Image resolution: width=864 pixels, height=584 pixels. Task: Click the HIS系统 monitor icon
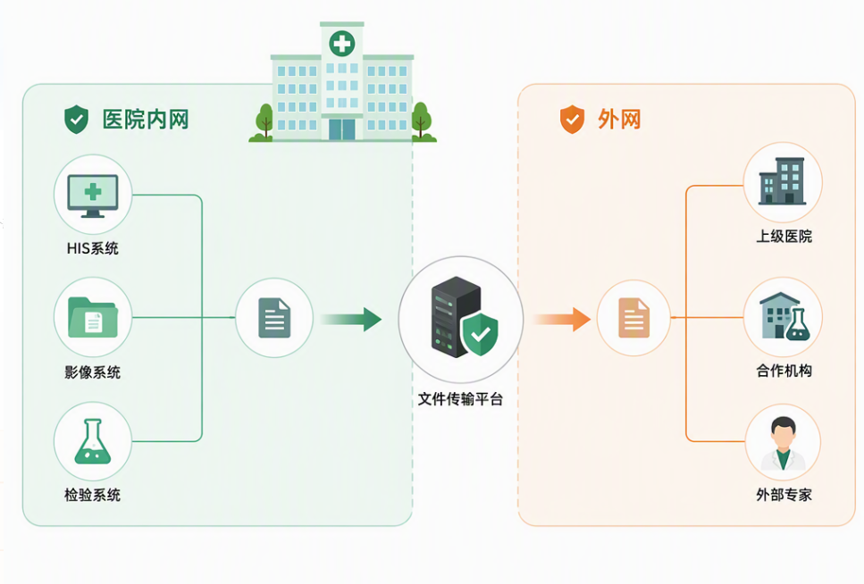[x=93, y=196]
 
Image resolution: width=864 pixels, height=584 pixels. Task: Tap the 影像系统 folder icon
[x=93, y=317]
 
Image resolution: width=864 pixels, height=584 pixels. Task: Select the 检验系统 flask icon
[x=93, y=441]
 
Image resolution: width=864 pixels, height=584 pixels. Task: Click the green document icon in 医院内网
[x=274, y=318]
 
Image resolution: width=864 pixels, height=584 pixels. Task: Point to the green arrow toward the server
[x=351, y=319]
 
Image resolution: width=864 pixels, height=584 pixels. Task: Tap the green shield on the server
[x=480, y=334]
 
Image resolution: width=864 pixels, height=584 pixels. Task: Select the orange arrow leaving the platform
[x=562, y=319]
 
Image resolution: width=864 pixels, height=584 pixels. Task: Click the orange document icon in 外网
[x=634, y=318]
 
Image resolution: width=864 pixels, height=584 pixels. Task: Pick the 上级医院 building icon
[x=783, y=181]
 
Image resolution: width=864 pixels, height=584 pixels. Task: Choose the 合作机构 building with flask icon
[x=784, y=316]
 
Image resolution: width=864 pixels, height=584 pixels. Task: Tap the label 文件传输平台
[x=460, y=399]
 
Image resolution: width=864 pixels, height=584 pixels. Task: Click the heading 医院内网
[x=146, y=120]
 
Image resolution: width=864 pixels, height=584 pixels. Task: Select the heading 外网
[x=619, y=120]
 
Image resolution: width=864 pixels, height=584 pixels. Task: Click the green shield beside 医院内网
[x=77, y=120]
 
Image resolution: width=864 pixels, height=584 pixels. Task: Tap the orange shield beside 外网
[x=573, y=120]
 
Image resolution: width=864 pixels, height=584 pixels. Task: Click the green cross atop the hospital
[x=342, y=44]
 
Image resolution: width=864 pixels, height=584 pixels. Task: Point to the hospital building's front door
[x=341, y=129]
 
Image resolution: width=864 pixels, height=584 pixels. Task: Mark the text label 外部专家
[x=784, y=495]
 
